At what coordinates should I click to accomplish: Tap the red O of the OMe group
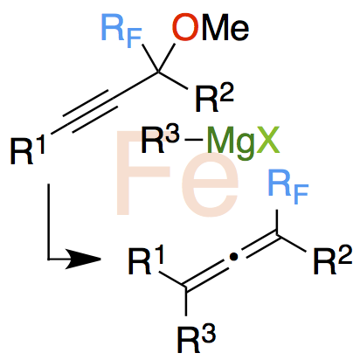pos(185,27)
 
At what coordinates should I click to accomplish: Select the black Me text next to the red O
pos(225,28)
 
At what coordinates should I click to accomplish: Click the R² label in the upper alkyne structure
pos(215,99)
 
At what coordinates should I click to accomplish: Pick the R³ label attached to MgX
pos(160,140)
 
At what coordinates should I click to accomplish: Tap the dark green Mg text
pos(230,142)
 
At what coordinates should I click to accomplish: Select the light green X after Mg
pos(267,140)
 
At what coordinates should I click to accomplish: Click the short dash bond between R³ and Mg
pos(193,141)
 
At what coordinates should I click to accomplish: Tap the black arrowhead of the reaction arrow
pos(82,259)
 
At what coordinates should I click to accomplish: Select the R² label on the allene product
pos(333,260)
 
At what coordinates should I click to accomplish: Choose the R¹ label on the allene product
pos(146,260)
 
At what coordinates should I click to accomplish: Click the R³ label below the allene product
pos(197,339)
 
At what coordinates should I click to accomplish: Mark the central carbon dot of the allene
pos(232,257)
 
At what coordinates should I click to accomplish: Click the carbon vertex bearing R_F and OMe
pos(158,71)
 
